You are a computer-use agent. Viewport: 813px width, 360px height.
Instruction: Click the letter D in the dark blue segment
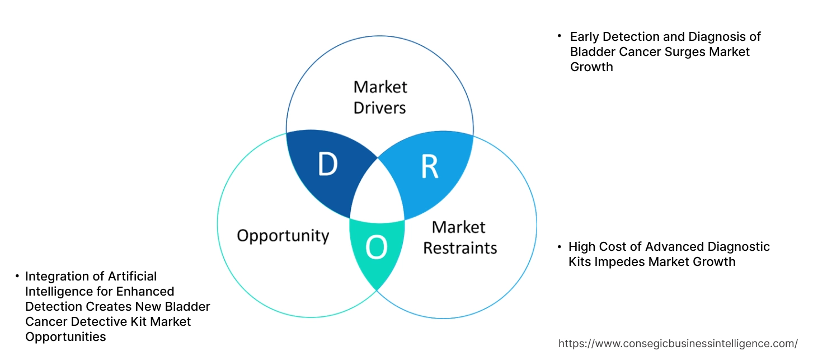(x=327, y=165)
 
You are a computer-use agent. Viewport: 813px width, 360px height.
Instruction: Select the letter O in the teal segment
(x=377, y=248)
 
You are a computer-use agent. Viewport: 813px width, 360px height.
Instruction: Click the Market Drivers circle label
(x=380, y=97)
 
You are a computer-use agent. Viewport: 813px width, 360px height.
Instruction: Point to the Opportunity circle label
(x=283, y=235)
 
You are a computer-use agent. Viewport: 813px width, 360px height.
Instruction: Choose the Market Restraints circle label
(x=459, y=237)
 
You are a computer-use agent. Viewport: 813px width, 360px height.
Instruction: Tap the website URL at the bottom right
(x=678, y=343)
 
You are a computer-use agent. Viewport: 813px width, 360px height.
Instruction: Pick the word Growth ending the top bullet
(x=591, y=67)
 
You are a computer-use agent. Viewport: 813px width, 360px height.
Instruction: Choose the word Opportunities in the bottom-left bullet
(x=65, y=337)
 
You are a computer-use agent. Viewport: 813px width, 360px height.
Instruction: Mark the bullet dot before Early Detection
(x=559, y=36)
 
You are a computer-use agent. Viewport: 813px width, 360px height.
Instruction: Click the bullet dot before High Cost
(x=559, y=246)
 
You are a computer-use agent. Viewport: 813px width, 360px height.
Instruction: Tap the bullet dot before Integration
(x=17, y=276)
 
